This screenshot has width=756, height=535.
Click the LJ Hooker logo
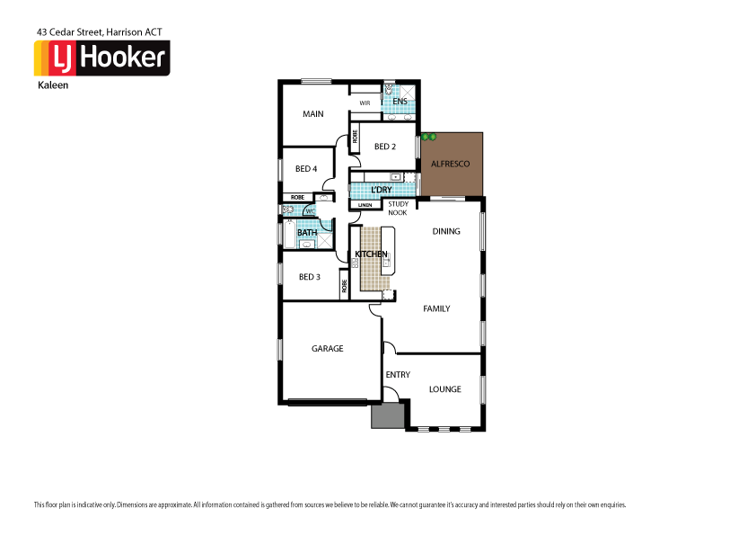coord(101,58)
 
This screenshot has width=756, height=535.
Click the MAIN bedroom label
coord(312,114)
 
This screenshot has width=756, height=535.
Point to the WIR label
coord(365,103)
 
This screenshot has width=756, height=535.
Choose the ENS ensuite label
coord(400,102)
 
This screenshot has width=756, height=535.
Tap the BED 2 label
coord(385,147)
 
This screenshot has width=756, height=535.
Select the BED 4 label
coord(305,169)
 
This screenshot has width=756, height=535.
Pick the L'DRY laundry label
coord(380,190)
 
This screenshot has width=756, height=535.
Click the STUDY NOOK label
coord(398,209)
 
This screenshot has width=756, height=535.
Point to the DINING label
coord(445,231)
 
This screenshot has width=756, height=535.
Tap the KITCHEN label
coord(371,254)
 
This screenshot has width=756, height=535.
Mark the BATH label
coord(307,233)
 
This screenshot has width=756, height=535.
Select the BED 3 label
coord(309,277)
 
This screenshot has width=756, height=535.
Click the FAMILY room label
coord(436,308)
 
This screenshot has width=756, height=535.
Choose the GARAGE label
coord(327,349)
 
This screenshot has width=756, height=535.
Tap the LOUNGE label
coord(444,389)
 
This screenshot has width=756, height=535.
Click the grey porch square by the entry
coord(388,415)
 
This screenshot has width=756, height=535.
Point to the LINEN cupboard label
coord(365,206)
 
